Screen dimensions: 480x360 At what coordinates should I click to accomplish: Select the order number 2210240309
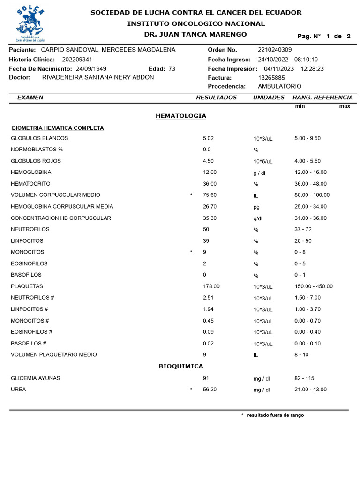click(275, 50)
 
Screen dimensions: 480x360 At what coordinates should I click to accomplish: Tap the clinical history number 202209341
click(77, 60)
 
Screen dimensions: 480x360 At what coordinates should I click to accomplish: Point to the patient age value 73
click(172, 69)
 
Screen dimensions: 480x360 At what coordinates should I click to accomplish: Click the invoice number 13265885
click(271, 78)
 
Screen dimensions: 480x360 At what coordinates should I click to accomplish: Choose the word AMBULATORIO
click(280, 86)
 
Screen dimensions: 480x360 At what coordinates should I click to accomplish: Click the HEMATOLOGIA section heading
click(180, 116)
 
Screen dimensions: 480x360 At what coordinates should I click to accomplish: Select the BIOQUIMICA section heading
click(181, 366)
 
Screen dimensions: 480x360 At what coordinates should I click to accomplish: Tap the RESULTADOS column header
click(216, 97)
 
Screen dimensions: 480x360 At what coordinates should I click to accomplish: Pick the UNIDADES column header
click(269, 97)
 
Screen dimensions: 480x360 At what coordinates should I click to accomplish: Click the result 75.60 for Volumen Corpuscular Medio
click(210, 195)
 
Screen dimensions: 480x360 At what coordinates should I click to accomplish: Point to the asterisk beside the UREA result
click(191, 390)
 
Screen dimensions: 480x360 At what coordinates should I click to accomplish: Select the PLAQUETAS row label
click(27, 286)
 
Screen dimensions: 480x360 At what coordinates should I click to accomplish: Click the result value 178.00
click(211, 286)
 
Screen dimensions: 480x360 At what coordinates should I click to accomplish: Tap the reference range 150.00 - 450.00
click(314, 286)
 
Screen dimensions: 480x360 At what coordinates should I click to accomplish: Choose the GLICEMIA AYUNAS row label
click(36, 378)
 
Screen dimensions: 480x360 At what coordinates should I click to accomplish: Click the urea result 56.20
click(210, 390)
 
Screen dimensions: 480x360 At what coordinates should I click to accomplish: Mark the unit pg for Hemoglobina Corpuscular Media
click(256, 207)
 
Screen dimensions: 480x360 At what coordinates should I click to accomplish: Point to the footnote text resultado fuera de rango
click(275, 415)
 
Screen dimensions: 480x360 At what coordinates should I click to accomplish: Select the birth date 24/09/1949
click(91, 69)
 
